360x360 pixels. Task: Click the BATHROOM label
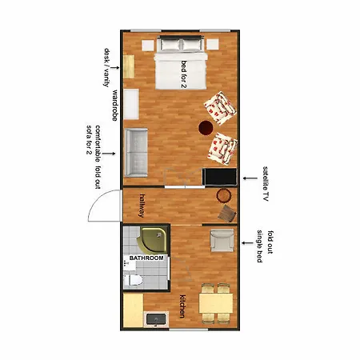[146, 258]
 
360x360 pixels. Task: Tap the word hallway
[142, 206]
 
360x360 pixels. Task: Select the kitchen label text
[182, 306]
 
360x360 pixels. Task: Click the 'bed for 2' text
[184, 74]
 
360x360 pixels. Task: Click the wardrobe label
[114, 106]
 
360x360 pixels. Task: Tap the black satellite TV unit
[219, 177]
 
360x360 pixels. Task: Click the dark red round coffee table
[206, 128]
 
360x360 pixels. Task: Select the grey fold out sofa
[136, 153]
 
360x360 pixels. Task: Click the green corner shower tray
[154, 240]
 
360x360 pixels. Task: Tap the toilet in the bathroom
[133, 280]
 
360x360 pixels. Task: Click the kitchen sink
[156, 319]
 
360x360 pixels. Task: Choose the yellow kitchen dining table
[216, 303]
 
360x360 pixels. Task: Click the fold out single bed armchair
[222, 241]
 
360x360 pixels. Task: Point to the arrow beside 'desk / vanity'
[114, 68]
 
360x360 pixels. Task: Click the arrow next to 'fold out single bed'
[247, 243]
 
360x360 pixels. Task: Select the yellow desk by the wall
[129, 66]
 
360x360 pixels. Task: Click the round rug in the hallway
[224, 196]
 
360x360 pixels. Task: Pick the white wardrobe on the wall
[131, 104]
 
